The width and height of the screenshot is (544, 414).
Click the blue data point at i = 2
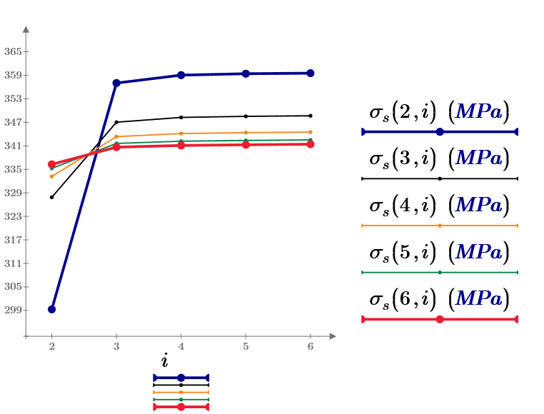click(x=51, y=309)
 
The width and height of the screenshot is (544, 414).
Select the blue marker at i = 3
click(x=116, y=83)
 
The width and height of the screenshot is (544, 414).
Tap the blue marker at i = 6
click(x=311, y=73)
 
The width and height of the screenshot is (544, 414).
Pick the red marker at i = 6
click(x=311, y=144)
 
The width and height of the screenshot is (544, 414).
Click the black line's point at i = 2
click(x=51, y=197)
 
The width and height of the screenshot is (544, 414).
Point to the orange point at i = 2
click(x=51, y=176)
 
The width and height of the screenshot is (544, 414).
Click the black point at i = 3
click(x=116, y=121)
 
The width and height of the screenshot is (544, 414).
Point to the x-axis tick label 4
click(x=181, y=345)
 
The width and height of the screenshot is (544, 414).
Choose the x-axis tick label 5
click(x=246, y=345)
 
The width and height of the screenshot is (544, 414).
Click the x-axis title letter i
click(x=165, y=361)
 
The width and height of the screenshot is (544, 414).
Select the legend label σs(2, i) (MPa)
click(x=439, y=112)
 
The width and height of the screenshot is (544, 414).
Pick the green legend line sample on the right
click(x=440, y=272)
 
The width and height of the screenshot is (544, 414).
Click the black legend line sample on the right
click(x=440, y=178)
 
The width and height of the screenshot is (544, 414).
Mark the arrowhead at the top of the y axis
click(x=26, y=29)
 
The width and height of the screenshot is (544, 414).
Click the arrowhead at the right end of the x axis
click(x=332, y=335)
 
